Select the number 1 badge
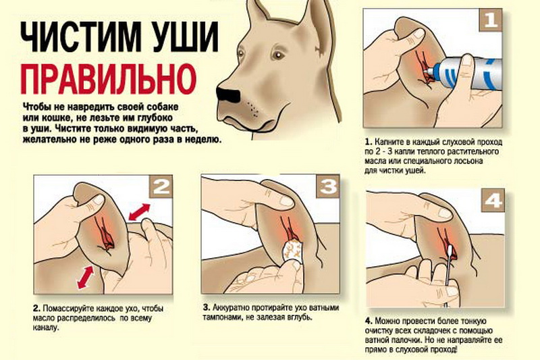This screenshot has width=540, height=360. pyautogui.click(x=491, y=20)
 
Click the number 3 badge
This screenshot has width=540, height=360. pyautogui.click(x=328, y=186)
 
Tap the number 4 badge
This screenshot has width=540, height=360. pyautogui.click(x=493, y=200)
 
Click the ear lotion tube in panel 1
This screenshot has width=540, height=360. pyautogui.click(x=462, y=73)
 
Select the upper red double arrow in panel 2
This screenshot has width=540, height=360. pyautogui.click(x=140, y=212)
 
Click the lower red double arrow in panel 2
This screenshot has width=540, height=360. pyautogui.click(x=86, y=278)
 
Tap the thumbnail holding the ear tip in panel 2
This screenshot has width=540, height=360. pyautogui.click(x=99, y=199)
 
